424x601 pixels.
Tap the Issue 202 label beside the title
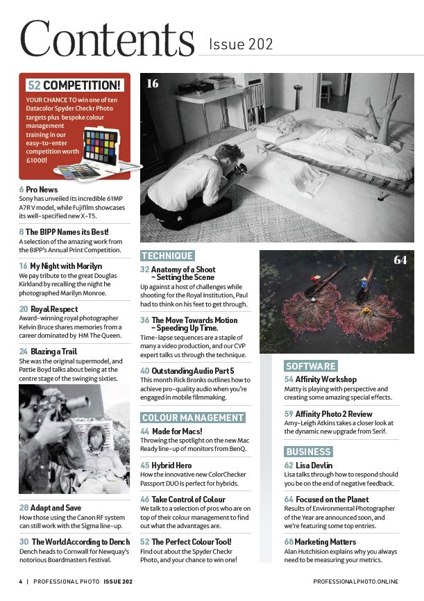click(x=241, y=45)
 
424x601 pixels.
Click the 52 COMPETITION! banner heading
click(x=75, y=85)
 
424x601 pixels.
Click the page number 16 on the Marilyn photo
click(x=153, y=84)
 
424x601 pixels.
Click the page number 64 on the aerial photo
click(x=400, y=261)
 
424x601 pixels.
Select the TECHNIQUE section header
click(x=167, y=256)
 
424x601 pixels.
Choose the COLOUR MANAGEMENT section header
click(x=193, y=418)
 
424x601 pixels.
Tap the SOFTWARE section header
click(x=311, y=366)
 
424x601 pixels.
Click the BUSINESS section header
click(x=309, y=452)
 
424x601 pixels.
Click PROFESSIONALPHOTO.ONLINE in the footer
click(x=355, y=581)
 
